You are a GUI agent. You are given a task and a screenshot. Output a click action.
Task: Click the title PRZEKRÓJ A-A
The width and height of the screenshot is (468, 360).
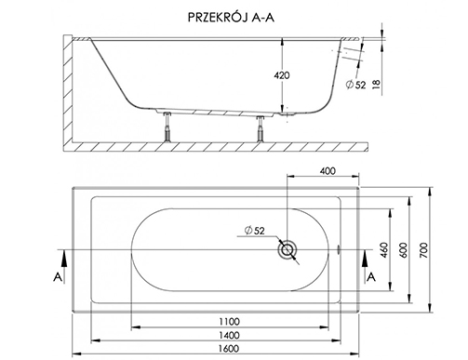tap(231, 18)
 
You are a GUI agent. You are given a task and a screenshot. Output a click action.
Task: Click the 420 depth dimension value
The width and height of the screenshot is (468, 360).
tap(282, 75)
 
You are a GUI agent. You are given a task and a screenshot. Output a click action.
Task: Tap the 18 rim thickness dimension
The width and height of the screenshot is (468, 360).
tap(376, 84)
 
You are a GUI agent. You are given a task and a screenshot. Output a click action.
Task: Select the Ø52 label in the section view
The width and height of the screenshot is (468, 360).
tap(356, 85)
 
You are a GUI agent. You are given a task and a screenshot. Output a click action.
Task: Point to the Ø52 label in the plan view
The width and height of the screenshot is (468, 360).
tap(254, 231)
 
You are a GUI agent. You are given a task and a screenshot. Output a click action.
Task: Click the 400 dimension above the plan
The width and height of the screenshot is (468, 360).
tap(328, 171)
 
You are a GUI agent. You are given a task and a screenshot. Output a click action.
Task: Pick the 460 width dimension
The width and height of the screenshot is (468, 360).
tap(383, 250)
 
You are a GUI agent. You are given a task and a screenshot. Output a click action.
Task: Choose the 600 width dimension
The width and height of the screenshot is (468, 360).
tap(404, 249)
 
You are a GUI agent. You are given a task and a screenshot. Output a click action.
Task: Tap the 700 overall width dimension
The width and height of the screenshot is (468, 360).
tap(423, 250)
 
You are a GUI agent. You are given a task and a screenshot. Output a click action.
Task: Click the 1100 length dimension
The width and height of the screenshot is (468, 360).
tap(230, 322)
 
